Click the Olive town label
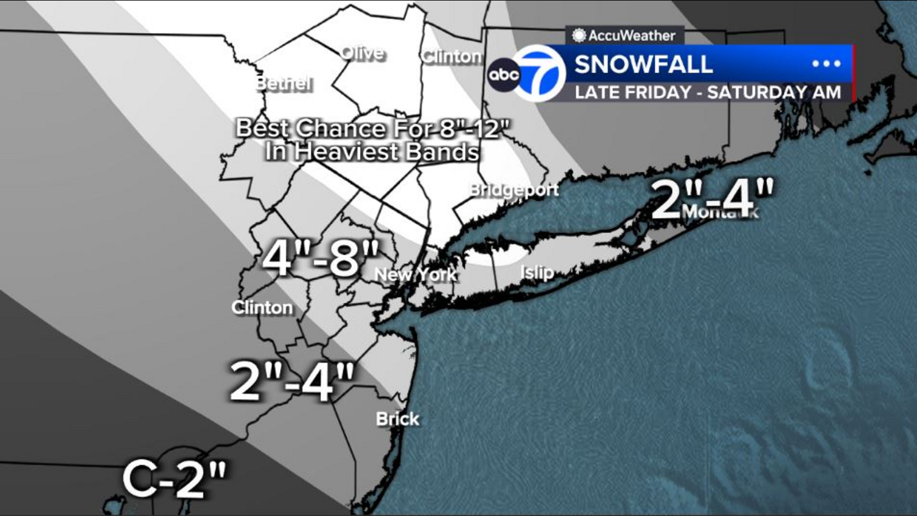pos(362,53)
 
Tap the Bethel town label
pos(284,84)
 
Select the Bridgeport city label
pos(514,190)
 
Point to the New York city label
pos(416,275)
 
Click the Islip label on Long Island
pos(537,272)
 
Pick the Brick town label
pos(397,419)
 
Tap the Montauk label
pos(720,212)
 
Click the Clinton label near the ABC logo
pos(452,56)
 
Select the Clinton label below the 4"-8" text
pos(262,308)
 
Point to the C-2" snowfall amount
pos(174,478)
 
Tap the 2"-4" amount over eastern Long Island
pos(712,198)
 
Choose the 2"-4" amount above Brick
pos(292,381)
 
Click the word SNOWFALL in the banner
pos(644,64)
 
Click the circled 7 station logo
pos(539,73)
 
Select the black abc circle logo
pos(504,75)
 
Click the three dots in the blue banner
pos(826,64)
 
